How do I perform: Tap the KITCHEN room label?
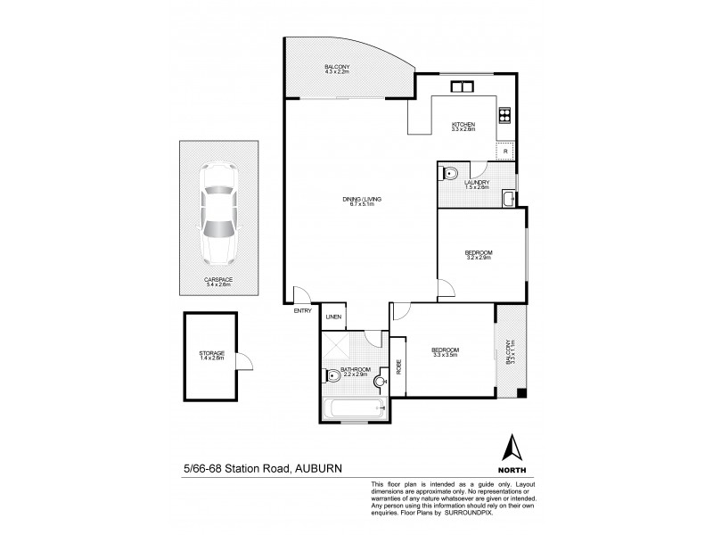pyautogui.click(x=463, y=126)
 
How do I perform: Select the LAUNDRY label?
pyautogui.click(x=477, y=184)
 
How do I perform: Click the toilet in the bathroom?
pyautogui.click(x=333, y=375)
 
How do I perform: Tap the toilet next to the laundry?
pyautogui.click(x=450, y=173)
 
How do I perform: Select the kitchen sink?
pyautogui.click(x=463, y=86)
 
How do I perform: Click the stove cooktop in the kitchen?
pyautogui.click(x=504, y=113)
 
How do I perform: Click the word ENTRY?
pyautogui.click(x=302, y=311)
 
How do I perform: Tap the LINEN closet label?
pyautogui.click(x=333, y=317)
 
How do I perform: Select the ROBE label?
pyautogui.click(x=398, y=366)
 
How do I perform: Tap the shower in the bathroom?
pyautogui.click(x=337, y=345)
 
